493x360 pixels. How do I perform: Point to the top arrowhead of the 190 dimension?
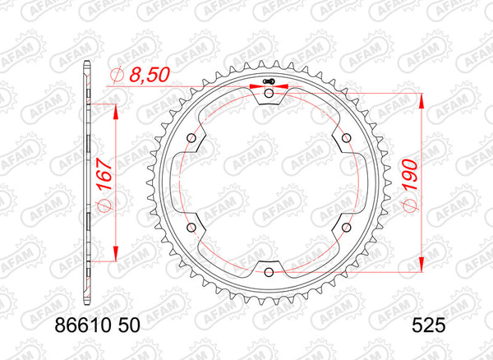(x=423, y=99)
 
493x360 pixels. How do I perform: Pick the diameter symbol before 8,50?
(x=116, y=76)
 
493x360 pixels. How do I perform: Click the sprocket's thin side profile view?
(x=86, y=181)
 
